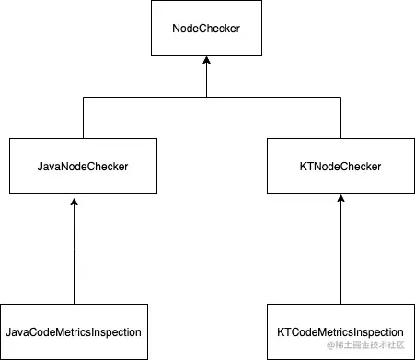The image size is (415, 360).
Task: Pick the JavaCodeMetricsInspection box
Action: pyautogui.click(x=74, y=331)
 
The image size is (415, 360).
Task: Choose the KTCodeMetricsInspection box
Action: pyautogui.click(x=340, y=331)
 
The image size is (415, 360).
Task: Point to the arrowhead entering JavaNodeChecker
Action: pyautogui.click(x=74, y=200)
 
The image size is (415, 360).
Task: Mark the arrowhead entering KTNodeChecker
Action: pyautogui.click(x=340, y=200)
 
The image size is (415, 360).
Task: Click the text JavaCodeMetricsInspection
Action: pyautogui.click(x=74, y=331)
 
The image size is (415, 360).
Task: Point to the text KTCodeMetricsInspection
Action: pyautogui.click(x=340, y=331)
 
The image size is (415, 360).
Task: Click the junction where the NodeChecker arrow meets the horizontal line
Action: pyautogui.click(x=206, y=98)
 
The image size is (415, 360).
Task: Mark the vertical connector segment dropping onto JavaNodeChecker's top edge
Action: pyautogui.click(x=84, y=118)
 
